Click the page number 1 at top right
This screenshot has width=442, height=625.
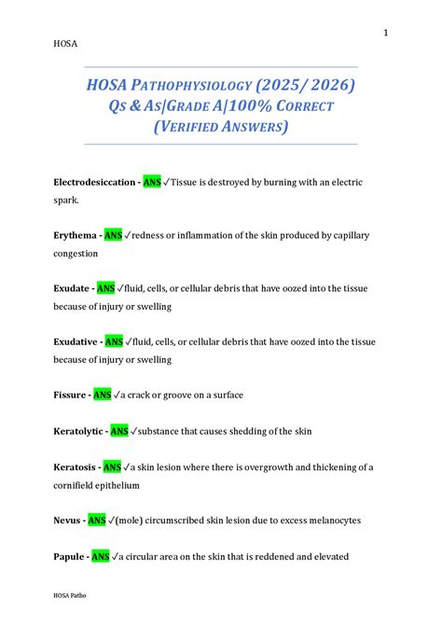[x=384, y=34]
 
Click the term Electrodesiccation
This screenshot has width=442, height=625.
[x=94, y=183]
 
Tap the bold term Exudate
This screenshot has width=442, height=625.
[x=73, y=289]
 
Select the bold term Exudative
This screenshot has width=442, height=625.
[x=76, y=342]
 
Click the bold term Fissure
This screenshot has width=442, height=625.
[x=71, y=396]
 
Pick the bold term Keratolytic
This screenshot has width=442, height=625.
[x=78, y=431]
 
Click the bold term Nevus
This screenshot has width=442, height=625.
[x=67, y=521]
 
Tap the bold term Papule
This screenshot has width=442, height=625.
[x=69, y=556]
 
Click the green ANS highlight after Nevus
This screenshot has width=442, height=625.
[x=97, y=521]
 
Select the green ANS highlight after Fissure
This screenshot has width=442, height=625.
[x=103, y=396]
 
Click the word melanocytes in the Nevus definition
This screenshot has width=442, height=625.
[x=330, y=521]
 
